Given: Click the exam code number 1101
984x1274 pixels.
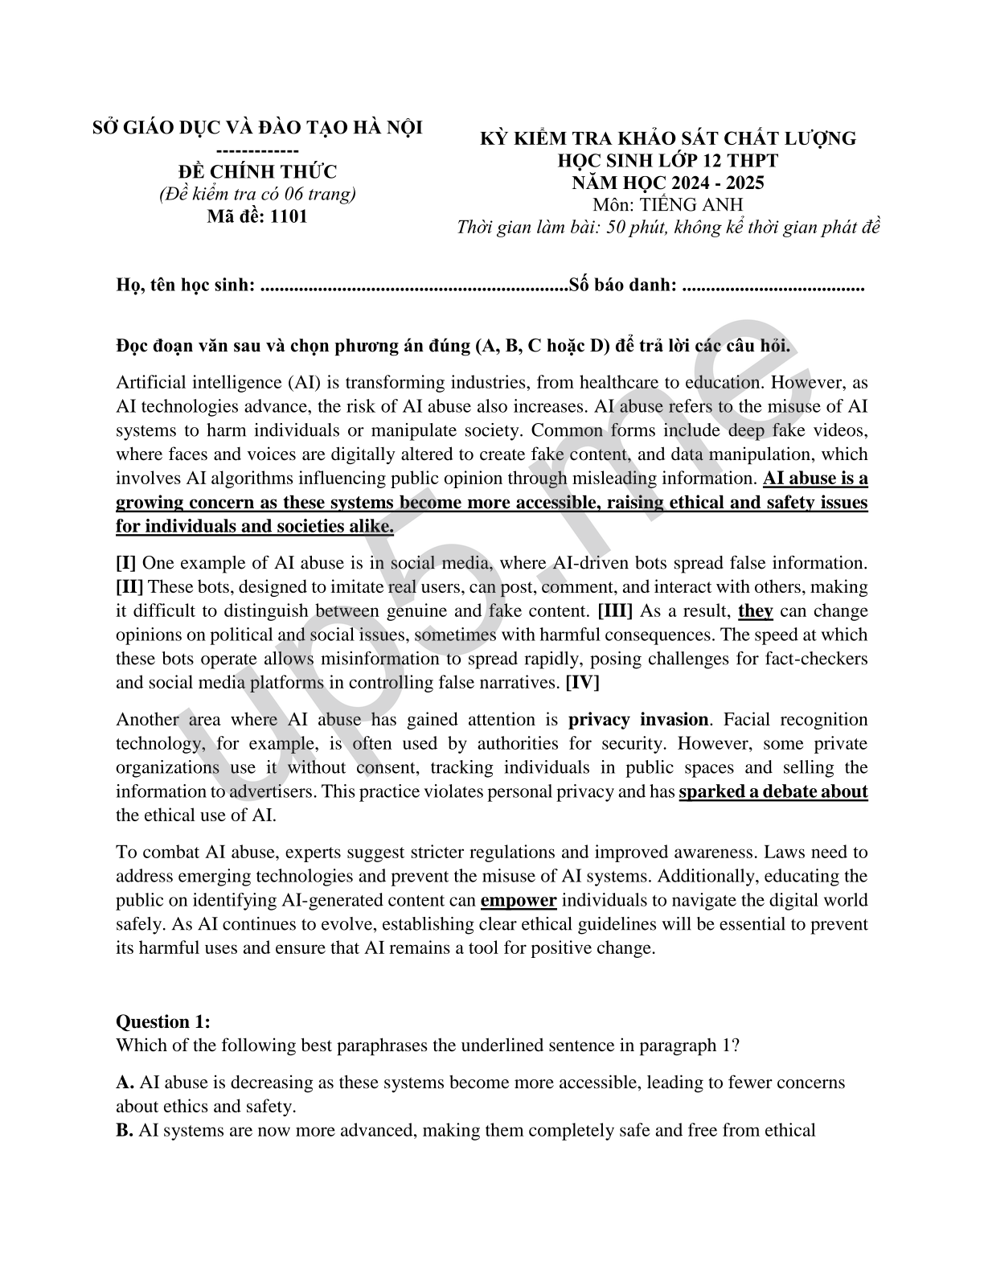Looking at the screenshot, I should (289, 216).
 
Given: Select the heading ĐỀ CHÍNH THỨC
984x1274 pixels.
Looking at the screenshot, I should (257, 171).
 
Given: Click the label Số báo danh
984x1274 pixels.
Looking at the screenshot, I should (621, 285).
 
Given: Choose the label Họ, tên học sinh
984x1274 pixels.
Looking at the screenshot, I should (186, 285).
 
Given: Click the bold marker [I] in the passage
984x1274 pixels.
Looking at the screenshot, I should (126, 563).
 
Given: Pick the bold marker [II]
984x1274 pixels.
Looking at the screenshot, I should (129, 587).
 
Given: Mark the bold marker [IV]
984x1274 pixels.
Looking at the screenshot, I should (583, 684).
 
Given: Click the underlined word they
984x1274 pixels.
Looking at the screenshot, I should (755, 611).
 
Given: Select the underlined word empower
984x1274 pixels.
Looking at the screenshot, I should (519, 901).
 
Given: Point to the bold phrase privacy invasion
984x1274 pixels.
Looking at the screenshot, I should (638, 720).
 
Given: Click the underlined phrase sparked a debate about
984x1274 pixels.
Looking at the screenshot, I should (773, 792).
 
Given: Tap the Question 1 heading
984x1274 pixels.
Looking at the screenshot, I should (163, 1022).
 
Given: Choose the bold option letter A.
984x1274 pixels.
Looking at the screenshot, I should (125, 1083).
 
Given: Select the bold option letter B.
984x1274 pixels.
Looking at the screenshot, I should (125, 1131).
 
